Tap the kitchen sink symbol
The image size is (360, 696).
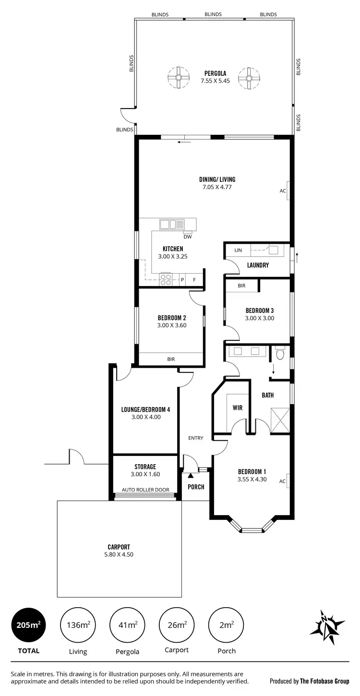coord(172,224)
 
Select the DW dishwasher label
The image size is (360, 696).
coord(188,237)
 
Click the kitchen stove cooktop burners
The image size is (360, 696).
coord(166,279)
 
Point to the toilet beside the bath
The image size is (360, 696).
coord(280,354)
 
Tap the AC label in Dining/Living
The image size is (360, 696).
coord(283,191)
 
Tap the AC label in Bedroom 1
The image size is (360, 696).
coord(283,481)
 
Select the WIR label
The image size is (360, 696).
coord(237,408)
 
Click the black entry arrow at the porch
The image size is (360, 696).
coord(191,476)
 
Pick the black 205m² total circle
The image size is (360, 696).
coord(28,625)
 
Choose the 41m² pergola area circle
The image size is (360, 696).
coord(128,625)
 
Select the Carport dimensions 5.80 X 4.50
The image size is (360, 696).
coord(119,554)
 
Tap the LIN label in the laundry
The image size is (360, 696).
coord(238,251)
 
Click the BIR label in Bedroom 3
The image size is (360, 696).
coord(241,286)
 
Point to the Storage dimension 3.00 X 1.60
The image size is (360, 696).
coord(145,474)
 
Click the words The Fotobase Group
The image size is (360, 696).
coord(324,681)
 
